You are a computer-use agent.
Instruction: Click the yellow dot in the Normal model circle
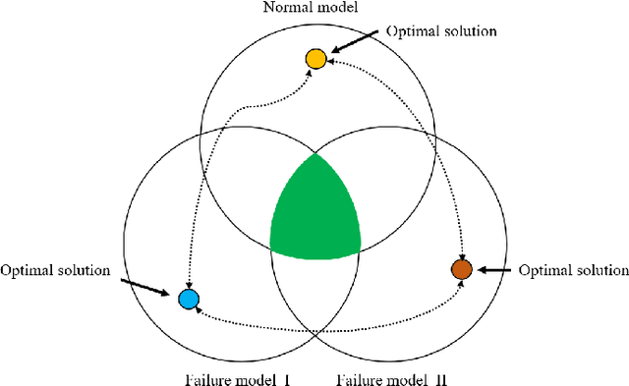(314, 59)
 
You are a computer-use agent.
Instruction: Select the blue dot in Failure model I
(188, 299)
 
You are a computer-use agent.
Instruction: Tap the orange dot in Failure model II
(461, 269)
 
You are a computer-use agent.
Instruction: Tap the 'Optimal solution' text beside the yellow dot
(441, 31)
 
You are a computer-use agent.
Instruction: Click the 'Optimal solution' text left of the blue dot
(55, 270)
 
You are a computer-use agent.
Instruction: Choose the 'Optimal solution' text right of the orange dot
(573, 269)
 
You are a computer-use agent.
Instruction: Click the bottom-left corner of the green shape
(270, 246)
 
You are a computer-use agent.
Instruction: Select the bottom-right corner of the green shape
(362, 246)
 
